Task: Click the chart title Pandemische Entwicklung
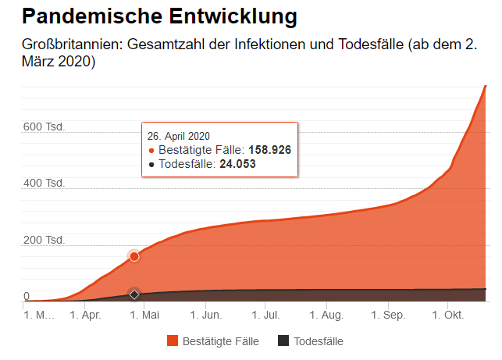point(148,16)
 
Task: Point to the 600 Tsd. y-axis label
point(44,127)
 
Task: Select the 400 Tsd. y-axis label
point(44,184)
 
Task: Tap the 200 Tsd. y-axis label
point(44,240)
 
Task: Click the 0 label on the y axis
point(27,296)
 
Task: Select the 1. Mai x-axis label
point(144,316)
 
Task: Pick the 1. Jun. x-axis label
point(205,316)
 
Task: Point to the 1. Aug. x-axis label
point(326,316)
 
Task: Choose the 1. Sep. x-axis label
point(387,316)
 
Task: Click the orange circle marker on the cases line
point(134,256)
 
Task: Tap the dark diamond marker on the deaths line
point(134,294)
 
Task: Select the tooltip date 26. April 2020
point(178,136)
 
